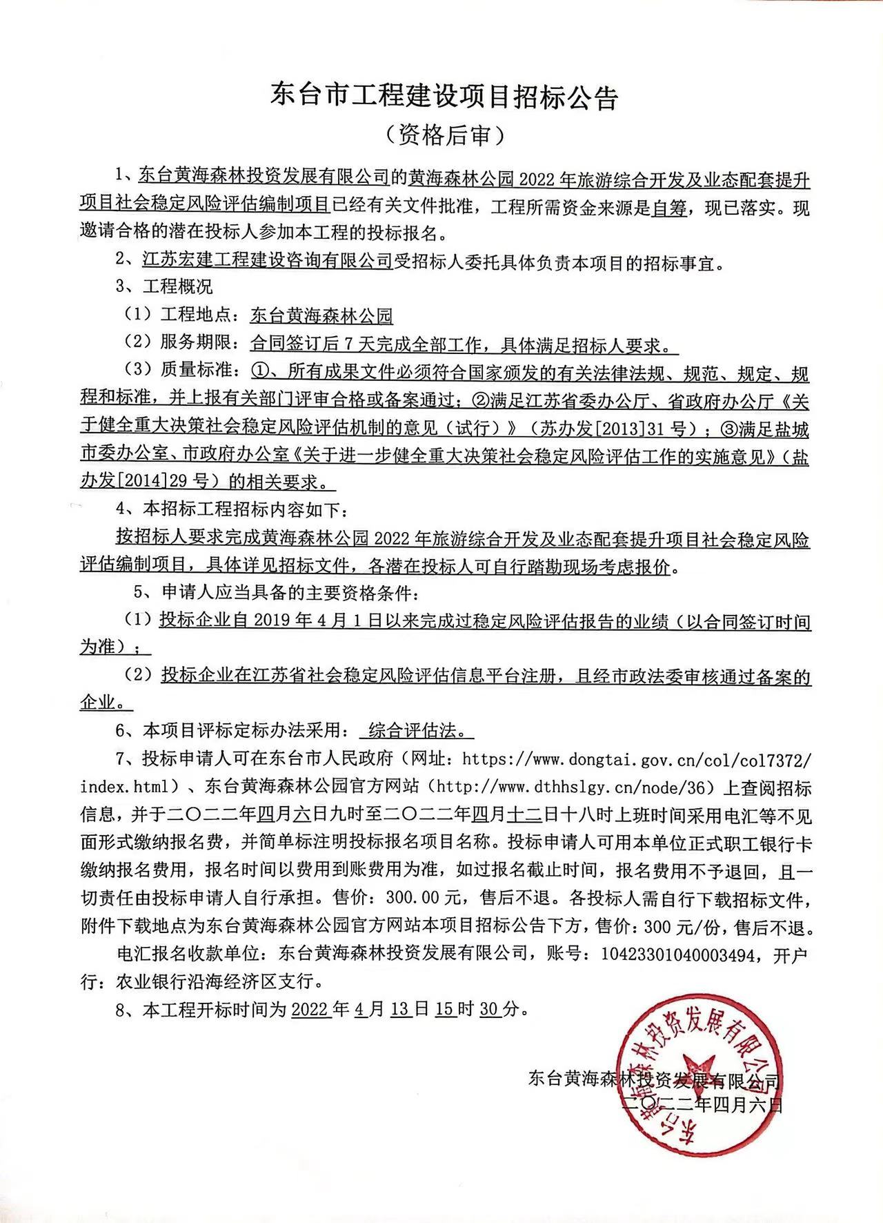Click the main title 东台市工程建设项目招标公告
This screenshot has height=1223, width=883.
(444, 97)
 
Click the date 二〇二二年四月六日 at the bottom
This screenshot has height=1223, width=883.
(702, 1104)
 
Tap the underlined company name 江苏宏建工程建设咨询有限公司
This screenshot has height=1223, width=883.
(268, 261)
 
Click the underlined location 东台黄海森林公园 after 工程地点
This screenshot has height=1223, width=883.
(321, 317)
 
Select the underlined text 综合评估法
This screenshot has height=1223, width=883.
(417, 730)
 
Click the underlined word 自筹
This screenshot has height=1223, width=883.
(669, 208)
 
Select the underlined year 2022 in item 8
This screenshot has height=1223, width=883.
(310, 1010)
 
